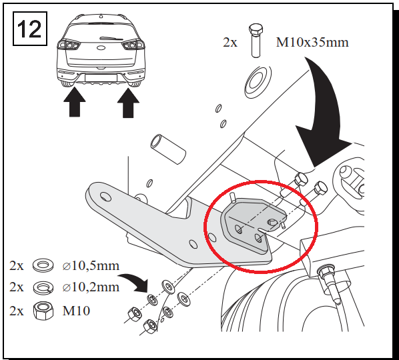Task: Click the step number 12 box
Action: [30, 29]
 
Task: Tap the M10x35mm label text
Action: [312, 42]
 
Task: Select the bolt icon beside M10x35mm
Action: [256, 41]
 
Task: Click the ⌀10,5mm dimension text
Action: [91, 266]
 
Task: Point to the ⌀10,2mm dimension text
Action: [91, 287]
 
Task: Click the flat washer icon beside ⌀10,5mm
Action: [43, 265]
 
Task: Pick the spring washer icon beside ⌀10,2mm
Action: [43, 287]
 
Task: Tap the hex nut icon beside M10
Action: [43, 311]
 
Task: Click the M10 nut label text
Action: [76, 311]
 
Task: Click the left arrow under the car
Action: [75, 102]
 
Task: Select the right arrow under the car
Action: [128, 103]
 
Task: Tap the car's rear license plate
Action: [101, 78]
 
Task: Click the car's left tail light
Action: [69, 45]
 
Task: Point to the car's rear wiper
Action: [111, 39]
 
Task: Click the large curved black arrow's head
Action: [322, 146]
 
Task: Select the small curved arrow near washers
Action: [133, 282]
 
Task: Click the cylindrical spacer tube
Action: [168, 149]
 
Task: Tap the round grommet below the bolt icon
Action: [258, 83]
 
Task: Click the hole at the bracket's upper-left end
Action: [105, 197]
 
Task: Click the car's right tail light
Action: [133, 45]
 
